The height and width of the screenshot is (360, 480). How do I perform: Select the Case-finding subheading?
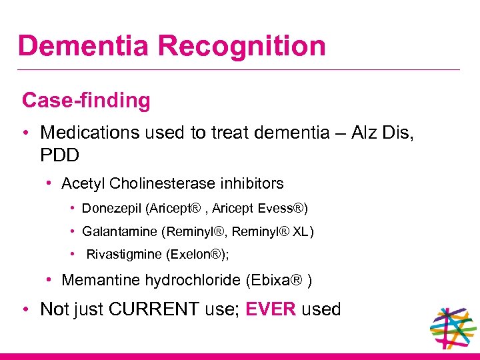86,101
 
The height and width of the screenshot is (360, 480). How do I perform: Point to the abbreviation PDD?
59,155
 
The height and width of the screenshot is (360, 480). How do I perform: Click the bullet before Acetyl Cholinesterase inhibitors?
50,183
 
